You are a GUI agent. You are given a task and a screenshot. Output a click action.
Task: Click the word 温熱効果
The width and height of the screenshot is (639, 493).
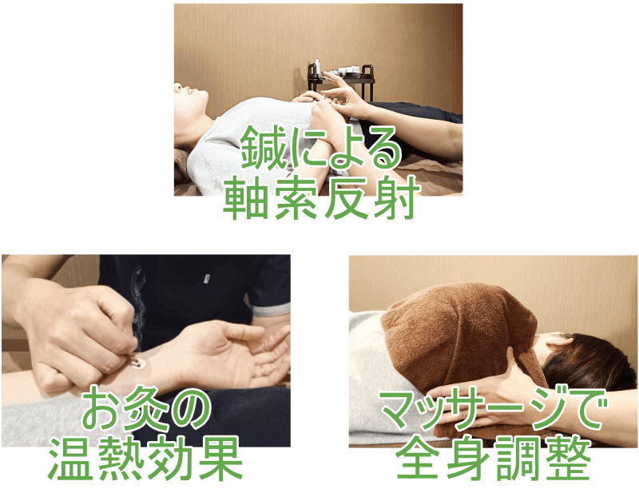(x=145, y=458)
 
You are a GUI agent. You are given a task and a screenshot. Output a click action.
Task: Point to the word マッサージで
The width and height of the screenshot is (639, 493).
(x=492, y=409)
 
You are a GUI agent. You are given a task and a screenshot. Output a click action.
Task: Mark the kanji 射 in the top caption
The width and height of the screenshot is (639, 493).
(x=396, y=198)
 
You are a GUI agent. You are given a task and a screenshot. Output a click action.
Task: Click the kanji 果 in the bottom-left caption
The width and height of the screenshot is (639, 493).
(x=220, y=458)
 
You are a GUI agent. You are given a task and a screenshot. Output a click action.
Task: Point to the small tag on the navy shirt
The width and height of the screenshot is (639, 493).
(x=207, y=279)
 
